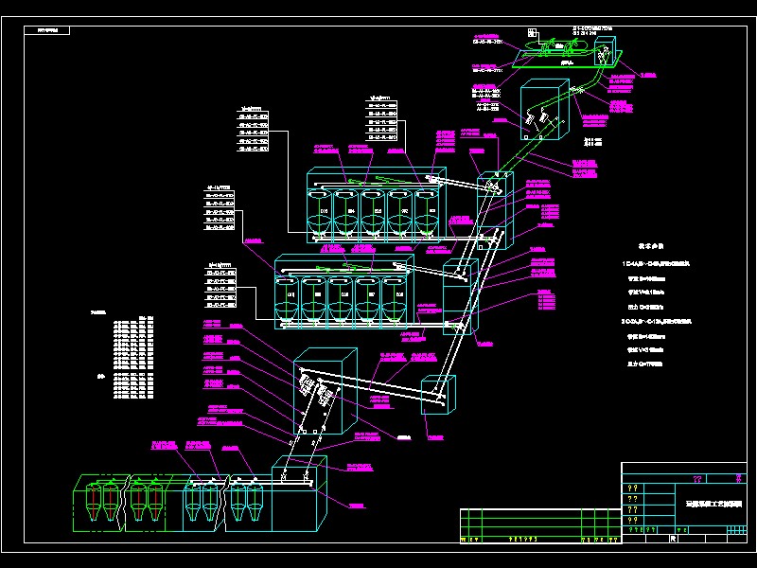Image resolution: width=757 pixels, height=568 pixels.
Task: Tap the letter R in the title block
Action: [x=672, y=539]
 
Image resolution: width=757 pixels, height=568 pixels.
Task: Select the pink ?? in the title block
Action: [x=697, y=479]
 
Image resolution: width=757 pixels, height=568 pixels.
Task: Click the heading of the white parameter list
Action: [x=654, y=245]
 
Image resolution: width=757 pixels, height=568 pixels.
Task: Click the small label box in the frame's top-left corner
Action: [x=48, y=30]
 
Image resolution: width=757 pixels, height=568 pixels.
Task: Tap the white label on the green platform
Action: [x=568, y=62]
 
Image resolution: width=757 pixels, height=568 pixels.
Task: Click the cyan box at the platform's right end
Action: [x=606, y=57]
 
